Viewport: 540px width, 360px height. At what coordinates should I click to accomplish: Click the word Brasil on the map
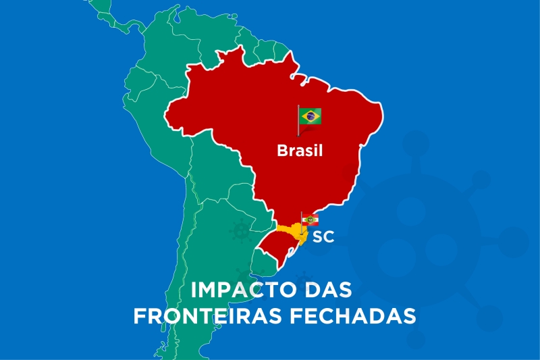pyautogui.click(x=300, y=151)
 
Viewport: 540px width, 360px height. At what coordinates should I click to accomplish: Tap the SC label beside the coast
pyautogui.click(x=323, y=237)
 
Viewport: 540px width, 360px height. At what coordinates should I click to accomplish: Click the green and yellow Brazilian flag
pyautogui.click(x=310, y=116)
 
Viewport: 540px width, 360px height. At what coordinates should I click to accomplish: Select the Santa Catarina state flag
pyautogui.click(x=310, y=220)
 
